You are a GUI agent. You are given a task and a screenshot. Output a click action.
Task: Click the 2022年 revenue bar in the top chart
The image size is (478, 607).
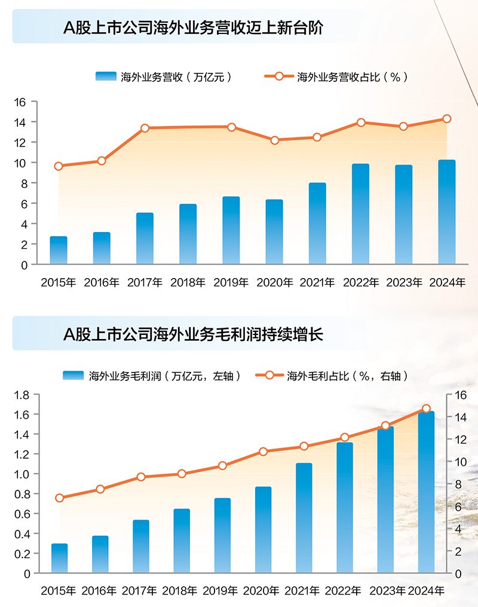[x=360, y=214]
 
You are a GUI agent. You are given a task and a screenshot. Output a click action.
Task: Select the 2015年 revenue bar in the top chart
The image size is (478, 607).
[x=59, y=250]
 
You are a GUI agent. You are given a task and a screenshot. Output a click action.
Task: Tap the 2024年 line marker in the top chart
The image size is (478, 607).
[x=447, y=119]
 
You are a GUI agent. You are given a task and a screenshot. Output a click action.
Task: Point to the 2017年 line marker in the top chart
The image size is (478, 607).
[x=145, y=128]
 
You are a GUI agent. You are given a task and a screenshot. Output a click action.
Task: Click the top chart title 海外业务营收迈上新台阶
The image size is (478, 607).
[x=193, y=28]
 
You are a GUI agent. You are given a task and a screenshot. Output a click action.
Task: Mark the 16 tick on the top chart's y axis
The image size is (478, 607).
[x=20, y=102]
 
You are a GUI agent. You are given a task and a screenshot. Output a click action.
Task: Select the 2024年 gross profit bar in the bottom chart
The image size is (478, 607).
[x=426, y=492]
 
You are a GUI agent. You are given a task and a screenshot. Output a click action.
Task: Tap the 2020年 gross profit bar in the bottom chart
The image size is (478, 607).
[x=263, y=530]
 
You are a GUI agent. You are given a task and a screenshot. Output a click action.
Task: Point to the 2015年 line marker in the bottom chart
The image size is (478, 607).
[x=59, y=498]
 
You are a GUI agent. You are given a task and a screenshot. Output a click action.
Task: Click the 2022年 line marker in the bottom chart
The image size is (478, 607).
[x=345, y=437]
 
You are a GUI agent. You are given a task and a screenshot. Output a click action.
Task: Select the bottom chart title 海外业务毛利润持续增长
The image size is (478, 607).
[x=193, y=334]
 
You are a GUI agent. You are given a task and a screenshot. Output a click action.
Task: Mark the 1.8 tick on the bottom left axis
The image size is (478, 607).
[x=22, y=395]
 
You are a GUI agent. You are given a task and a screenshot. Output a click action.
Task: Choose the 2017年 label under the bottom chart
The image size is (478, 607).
[x=139, y=591]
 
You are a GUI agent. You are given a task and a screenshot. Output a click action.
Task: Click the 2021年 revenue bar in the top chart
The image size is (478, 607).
[x=317, y=223]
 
